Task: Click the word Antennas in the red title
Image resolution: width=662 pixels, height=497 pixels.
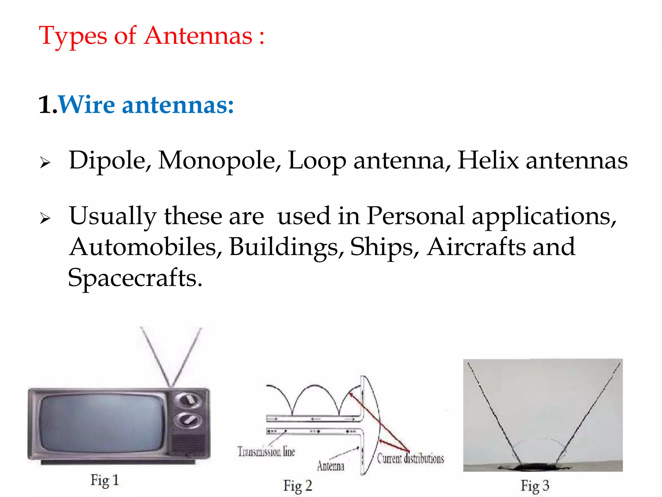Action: [x=198, y=36]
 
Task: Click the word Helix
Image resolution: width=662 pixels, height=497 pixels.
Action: [x=488, y=160]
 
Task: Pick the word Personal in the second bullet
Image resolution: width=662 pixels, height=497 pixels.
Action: [x=415, y=216]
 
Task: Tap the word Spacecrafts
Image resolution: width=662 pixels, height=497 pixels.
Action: [x=135, y=278]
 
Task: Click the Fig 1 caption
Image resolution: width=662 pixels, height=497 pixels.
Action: [x=105, y=480]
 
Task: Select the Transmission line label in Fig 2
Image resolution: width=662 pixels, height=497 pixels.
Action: [x=266, y=451]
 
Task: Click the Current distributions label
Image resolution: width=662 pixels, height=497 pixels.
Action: [x=411, y=458]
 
